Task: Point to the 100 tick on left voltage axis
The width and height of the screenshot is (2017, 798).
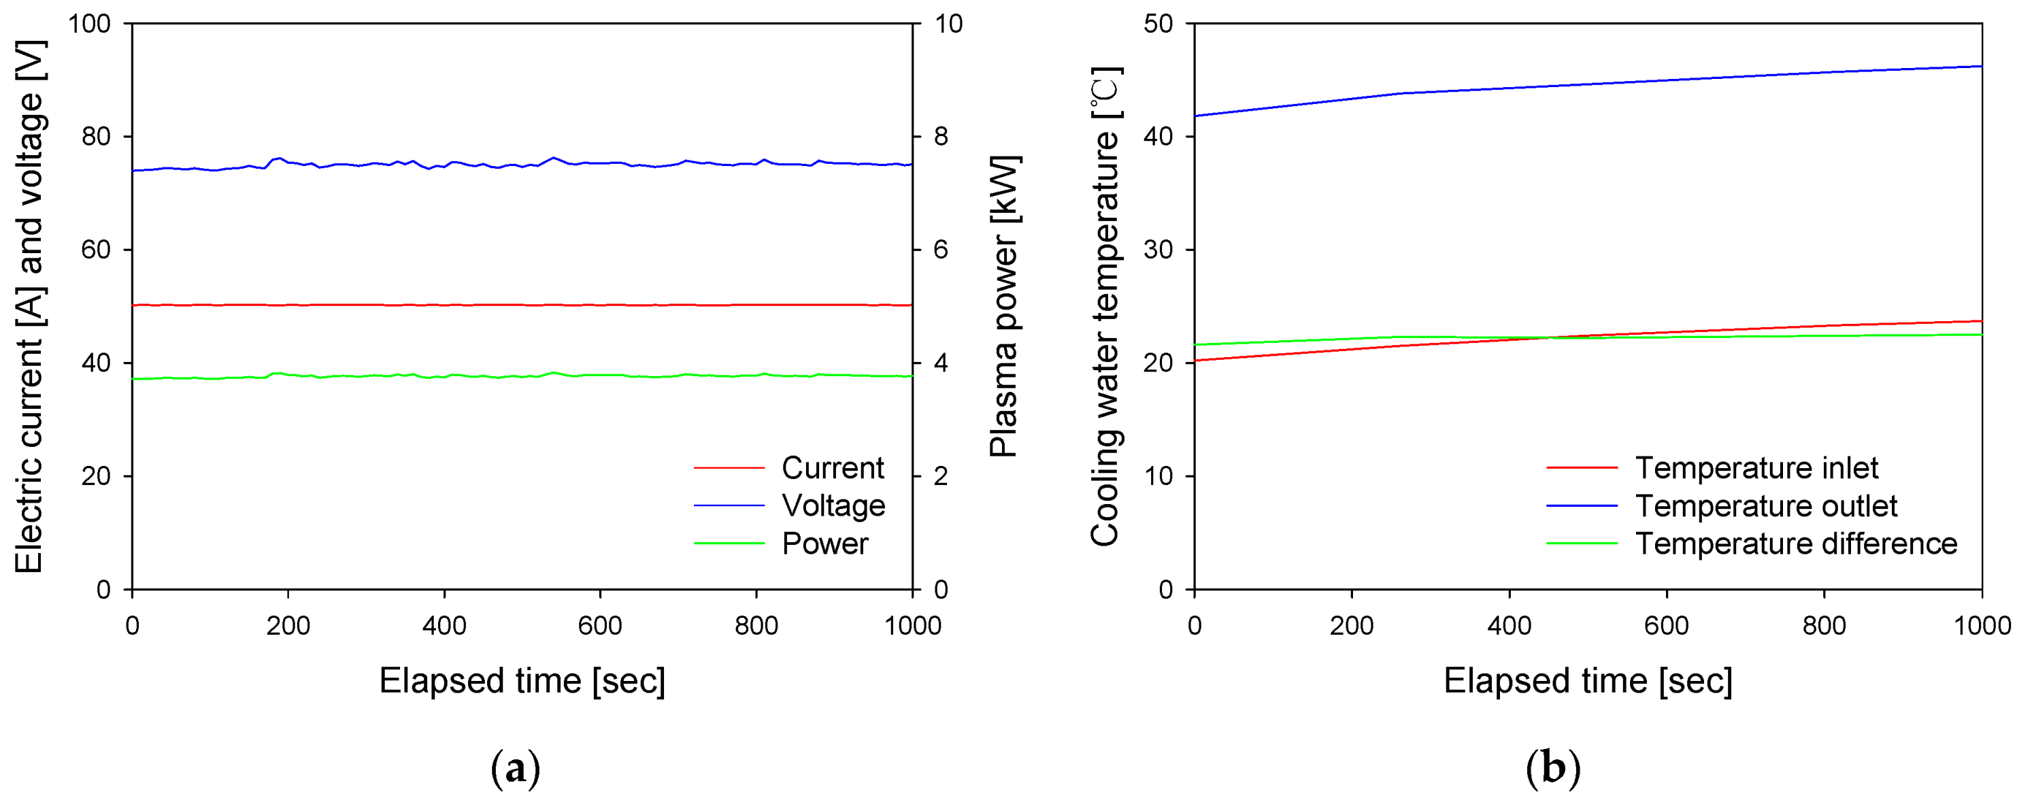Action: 89,24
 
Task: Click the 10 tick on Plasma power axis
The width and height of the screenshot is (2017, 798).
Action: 948,24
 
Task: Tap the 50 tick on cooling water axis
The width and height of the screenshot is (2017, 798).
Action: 1158,24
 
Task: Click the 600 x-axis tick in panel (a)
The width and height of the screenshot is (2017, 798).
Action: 600,626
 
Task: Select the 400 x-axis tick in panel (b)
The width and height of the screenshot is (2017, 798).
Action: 1509,626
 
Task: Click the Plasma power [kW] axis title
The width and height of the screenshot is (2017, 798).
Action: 1004,306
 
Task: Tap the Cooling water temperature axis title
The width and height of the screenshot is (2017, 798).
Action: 1105,306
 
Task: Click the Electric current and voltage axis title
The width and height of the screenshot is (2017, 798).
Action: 30,306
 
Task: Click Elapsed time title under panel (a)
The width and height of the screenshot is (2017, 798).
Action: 522,680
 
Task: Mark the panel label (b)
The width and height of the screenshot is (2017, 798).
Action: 1552,768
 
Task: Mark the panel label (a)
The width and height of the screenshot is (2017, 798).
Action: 515,768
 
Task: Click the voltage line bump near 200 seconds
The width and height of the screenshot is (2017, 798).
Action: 279,159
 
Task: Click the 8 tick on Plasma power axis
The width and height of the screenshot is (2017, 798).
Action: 941,136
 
